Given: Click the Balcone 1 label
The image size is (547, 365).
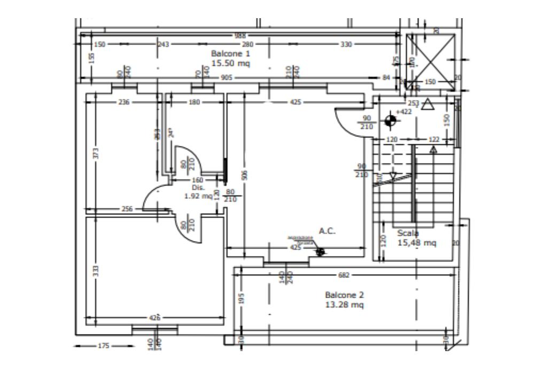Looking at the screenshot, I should click(230, 54).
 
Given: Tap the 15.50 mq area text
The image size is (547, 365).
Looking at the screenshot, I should click(230, 63).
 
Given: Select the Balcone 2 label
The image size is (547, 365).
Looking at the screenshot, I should click(345, 295).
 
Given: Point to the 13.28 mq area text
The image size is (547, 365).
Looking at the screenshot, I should click(345, 305).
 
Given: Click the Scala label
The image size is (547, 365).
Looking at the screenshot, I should click(408, 233).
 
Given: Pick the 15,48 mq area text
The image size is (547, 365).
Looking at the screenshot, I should click(417, 243).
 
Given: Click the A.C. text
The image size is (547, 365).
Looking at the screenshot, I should click(327, 231).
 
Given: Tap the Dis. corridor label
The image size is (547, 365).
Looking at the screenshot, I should click(198, 188).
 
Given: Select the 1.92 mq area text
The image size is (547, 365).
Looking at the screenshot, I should click(198, 196).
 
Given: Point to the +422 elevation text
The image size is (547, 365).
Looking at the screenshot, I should click(404, 112).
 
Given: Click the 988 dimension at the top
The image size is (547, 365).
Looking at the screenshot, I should click(240, 36).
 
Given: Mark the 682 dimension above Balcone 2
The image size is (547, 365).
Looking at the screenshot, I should click(344, 275).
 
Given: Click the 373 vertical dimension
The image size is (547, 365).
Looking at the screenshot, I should click(96, 153).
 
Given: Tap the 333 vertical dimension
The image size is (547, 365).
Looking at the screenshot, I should click(96, 270).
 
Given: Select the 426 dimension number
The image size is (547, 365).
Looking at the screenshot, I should click(154, 318).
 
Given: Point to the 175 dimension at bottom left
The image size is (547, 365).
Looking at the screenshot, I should click(104, 346).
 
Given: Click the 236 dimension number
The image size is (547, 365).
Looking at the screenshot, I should click(123, 103).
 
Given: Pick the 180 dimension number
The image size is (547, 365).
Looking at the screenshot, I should click(194, 103).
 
